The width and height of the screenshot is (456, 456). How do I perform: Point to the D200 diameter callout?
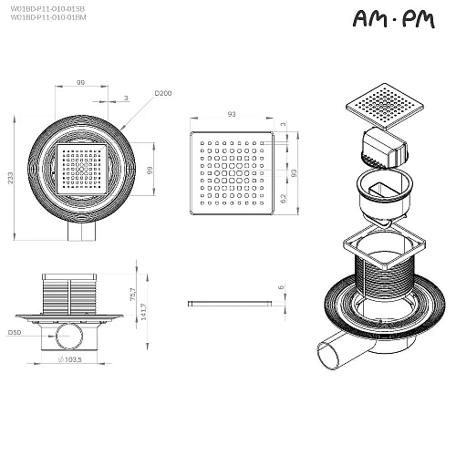pos(163,93)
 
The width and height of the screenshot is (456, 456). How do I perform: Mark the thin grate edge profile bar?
pos(229,302)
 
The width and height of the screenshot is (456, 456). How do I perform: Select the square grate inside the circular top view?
pos(83,169)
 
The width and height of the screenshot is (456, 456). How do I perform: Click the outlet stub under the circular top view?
pos(83,234)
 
